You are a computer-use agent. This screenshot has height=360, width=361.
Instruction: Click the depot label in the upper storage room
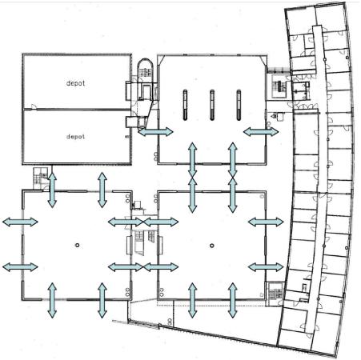click(x=75, y=83)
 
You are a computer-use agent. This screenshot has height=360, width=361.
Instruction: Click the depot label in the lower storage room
click(x=75, y=137)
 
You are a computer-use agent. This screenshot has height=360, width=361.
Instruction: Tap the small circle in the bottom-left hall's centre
click(x=78, y=246)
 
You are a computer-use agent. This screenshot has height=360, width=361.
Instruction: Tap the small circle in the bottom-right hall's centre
click(x=212, y=246)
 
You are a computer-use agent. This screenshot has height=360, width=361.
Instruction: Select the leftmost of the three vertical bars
click(x=185, y=105)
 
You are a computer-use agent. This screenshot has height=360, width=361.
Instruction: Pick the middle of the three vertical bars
click(x=212, y=105)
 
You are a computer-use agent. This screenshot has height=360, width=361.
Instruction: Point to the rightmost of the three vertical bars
click(x=239, y=105)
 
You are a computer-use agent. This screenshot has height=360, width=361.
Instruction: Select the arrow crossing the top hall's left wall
click(x=156, y=132)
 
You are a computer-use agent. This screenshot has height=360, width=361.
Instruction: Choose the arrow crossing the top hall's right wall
click(x=261, y=132)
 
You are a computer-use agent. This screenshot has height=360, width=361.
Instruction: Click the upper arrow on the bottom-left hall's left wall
click(x=20, y=222)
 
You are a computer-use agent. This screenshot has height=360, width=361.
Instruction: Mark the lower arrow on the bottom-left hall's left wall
click(x=20, y=267)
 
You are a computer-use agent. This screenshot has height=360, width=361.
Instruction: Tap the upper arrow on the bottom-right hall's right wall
click(x=266, y=222)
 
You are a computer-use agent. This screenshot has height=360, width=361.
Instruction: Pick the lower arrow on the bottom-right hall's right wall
click(x=266, y=267)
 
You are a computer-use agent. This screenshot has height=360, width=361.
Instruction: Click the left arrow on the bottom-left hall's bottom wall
click(x=52, y=301)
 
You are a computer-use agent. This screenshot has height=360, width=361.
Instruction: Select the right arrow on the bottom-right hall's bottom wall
click(x=233, y=301)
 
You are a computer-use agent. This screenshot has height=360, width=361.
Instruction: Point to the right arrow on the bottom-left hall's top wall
click(x=102, y=190)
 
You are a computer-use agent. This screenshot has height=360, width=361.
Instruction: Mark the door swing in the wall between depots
click(x=34, y=106)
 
